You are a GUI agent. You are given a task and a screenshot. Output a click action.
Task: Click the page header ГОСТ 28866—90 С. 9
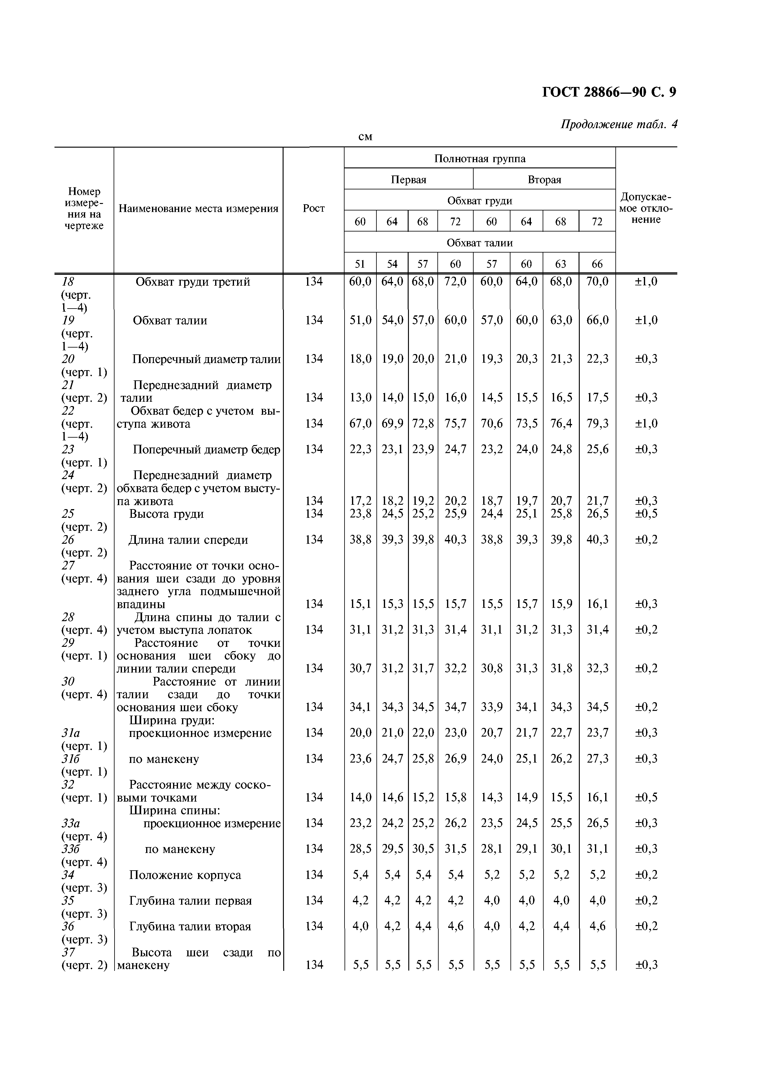[x=609, y=92]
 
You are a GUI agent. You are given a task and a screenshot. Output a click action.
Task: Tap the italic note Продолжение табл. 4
[x=618, y=124]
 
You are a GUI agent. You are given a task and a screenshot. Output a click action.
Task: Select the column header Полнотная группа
[x=479, y=158]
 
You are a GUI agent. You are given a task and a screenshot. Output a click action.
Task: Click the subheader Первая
[x=408, y=180]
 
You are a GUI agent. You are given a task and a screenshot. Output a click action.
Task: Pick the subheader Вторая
[x=544, y=180]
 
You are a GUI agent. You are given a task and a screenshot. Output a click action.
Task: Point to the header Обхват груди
[x=479, y=201]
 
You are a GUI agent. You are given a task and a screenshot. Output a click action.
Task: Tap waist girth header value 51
[x=360, y=264]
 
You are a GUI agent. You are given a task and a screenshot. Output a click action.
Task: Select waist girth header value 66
[x=597, y=264]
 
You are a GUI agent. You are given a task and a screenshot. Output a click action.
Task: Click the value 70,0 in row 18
[x=597, y=282]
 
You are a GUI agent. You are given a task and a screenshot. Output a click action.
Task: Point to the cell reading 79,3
[x=597, y=423]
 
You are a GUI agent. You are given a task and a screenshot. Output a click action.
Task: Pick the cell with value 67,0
[x=360, y=423]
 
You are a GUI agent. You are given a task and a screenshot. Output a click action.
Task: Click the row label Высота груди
[x=167, y=514]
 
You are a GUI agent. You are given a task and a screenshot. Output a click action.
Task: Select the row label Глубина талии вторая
[x=190, y=926]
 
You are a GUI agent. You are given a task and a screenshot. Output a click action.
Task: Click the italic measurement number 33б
[x=71, y=849]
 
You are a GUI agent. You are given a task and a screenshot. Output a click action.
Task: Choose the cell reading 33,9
[x=491, y=707]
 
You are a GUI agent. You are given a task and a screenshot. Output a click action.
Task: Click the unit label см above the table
[x=365, y=137]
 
